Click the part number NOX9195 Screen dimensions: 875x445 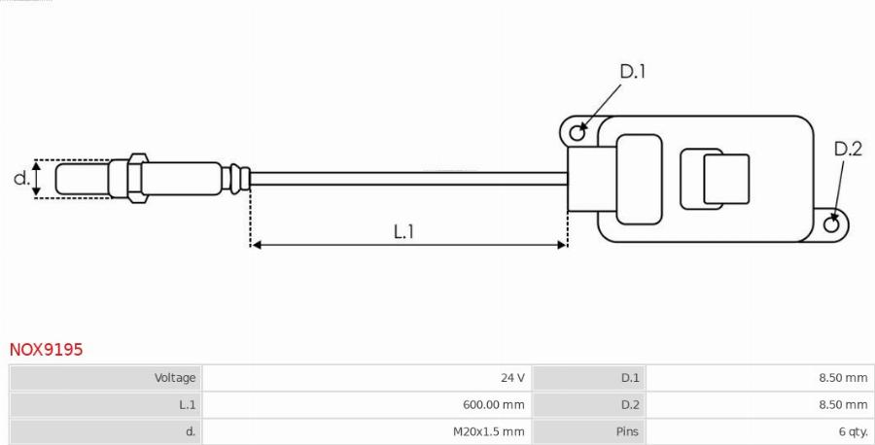[46, 350]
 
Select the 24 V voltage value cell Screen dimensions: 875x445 [512, 378]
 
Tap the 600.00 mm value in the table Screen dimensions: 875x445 [493, 404]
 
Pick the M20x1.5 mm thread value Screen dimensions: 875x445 [488, 431]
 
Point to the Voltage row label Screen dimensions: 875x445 [175, 378]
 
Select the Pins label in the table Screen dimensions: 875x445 [627, 431]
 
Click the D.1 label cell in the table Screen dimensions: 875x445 [630, 378]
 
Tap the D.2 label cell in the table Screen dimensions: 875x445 [630, 404]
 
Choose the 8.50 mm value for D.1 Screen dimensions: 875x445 [843, 378]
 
